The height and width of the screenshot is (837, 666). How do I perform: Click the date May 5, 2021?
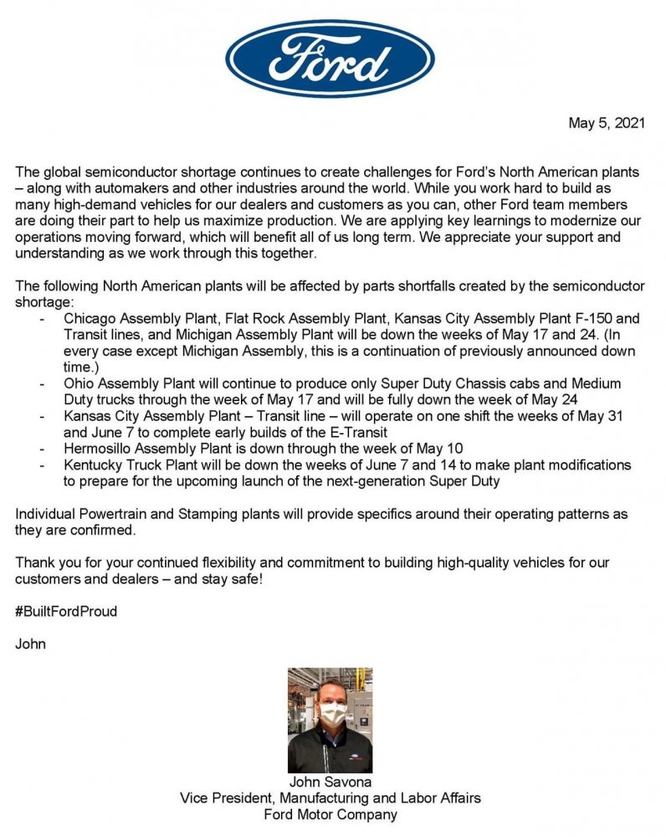coord(607,123)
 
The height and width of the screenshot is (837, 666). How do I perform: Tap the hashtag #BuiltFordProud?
coord(66,611)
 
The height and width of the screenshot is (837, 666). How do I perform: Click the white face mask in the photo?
coord(332,714)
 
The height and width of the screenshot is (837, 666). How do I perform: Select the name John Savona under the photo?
coord(330,782)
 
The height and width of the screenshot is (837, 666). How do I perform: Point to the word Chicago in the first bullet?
coord(88,319)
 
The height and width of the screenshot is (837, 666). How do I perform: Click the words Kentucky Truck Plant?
coord(126,465)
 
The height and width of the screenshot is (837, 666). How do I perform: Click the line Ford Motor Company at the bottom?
coord(330,814)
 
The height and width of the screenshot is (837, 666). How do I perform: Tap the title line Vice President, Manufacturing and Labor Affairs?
coord(330,798)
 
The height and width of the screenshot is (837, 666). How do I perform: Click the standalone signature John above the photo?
coord(31,644)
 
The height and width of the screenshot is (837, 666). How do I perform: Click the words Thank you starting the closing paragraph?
coord(45,562)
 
